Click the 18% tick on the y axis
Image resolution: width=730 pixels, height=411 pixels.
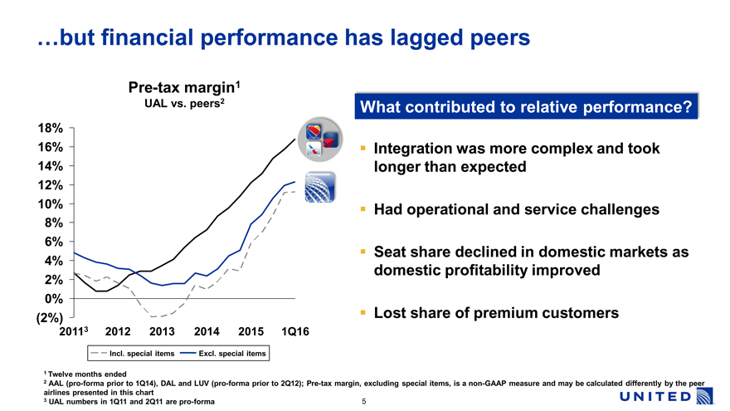[49, 129]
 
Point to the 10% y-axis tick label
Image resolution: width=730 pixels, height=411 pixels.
[49, 204]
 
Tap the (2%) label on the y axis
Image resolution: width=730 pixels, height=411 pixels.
[48, 317]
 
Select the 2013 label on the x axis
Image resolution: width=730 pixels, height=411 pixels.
[162, 332]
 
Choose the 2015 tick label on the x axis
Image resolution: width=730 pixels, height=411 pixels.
[250, 332]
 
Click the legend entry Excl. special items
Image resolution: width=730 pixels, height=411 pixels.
[232, 355]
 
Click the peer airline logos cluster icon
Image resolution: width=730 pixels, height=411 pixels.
[323, 140]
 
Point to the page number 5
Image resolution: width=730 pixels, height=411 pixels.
[364, 402]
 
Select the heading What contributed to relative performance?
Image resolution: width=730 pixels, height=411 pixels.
[526, 107]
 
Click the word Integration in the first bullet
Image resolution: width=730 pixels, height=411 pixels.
[415, 149]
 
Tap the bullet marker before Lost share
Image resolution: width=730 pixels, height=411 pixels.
[363, 313]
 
